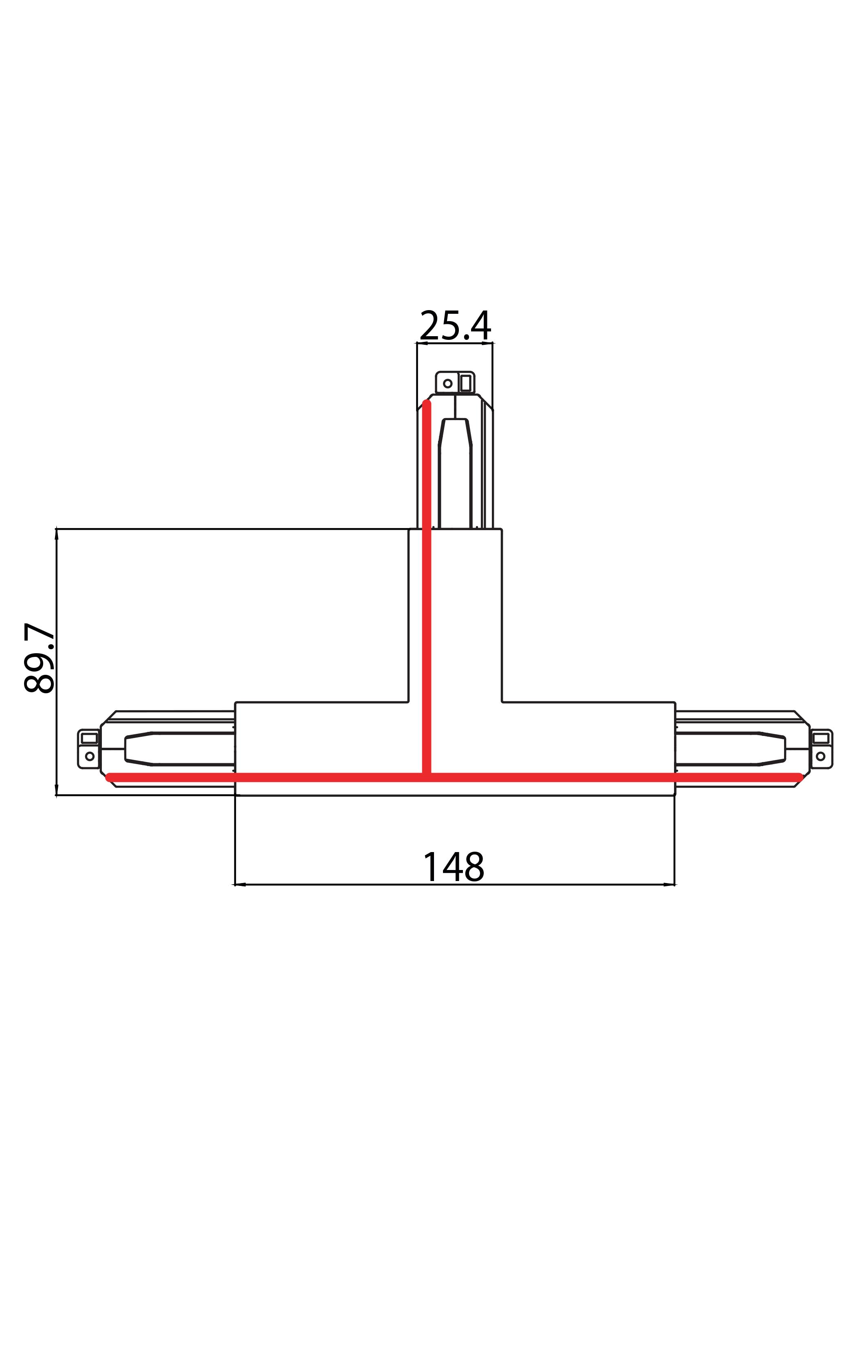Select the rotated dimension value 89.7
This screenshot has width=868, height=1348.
[40, 657]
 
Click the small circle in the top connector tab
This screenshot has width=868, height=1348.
[447, 383]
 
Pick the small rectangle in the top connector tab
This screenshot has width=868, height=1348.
[465, 383]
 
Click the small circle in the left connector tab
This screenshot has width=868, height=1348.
[90, 756]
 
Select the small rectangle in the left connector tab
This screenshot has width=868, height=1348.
[90, 738]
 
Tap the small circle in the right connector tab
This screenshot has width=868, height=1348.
[821, 756]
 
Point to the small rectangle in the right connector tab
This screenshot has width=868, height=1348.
[821, 738]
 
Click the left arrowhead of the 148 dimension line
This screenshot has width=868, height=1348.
[239, 884]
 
